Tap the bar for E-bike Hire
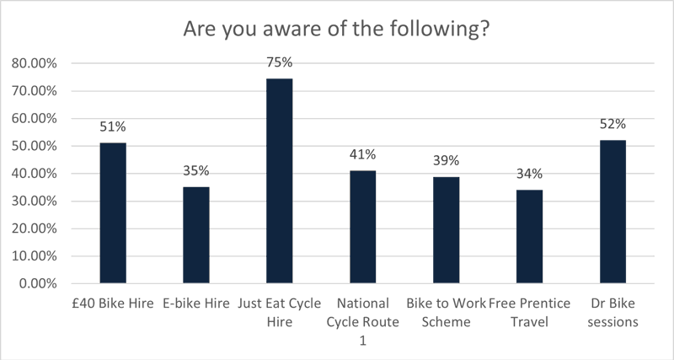(x=196, y=235)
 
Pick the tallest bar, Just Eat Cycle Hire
(x=280, y=180)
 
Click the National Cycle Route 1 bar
(x=363, y=227)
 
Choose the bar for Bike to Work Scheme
(x=446, y=230)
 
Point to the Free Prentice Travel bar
(x=529, y=237)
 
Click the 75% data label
(x=280, y=62)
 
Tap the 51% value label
(x=113, y=127)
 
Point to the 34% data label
(x=529, y=175)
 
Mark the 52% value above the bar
(x=612, y=124)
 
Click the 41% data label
(x=363, y=154)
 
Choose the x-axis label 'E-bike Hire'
(x=196, y=303)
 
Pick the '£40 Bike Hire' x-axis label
(x=113, y=303)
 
